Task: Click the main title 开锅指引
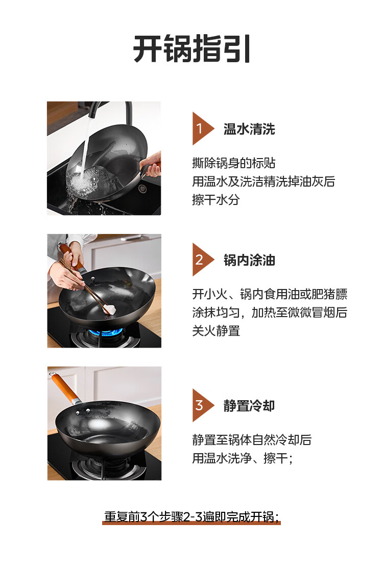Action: point(192,49)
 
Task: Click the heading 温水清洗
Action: point(249,129)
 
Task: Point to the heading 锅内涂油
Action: point(249,260)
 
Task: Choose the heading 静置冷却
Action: point(249,406)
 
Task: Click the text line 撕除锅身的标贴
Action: point(234,163)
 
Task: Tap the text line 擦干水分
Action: point(216,199)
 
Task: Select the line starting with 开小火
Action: point(270,294)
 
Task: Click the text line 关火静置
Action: point(216,330)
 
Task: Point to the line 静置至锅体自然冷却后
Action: point(252,439)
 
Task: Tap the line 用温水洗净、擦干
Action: point(242,458)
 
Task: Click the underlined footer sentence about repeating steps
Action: point(192,516)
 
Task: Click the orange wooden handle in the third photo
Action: point(65,387)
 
